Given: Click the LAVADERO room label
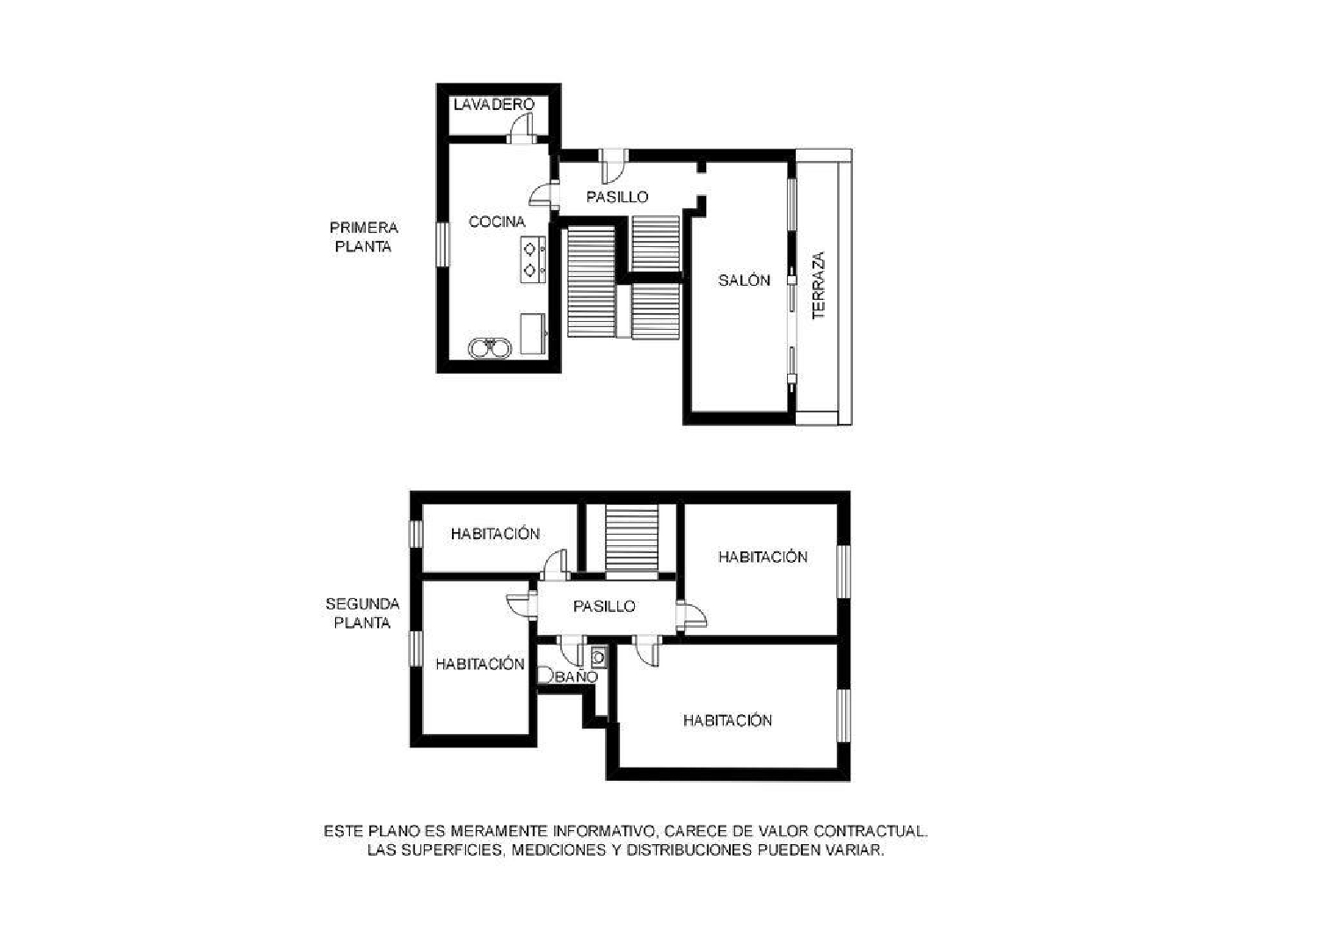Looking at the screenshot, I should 494,105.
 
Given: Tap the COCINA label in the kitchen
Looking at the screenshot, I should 497,222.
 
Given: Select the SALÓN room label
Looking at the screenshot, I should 744,281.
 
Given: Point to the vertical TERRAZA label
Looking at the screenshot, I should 819,286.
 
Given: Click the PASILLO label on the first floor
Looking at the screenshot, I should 617,197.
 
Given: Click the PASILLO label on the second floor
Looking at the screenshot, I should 604,607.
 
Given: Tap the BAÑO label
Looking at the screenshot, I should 577,677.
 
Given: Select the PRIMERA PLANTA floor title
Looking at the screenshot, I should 363,237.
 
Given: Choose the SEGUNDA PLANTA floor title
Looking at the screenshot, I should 362,614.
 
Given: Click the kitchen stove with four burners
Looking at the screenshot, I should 533,259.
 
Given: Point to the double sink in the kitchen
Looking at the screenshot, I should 490,349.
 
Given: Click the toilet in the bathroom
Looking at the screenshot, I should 544,675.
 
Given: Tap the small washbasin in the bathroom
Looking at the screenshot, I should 599,656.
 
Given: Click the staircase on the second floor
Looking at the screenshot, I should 631,537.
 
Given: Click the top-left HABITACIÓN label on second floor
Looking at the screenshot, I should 495,534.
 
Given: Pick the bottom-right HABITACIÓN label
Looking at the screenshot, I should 727,721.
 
